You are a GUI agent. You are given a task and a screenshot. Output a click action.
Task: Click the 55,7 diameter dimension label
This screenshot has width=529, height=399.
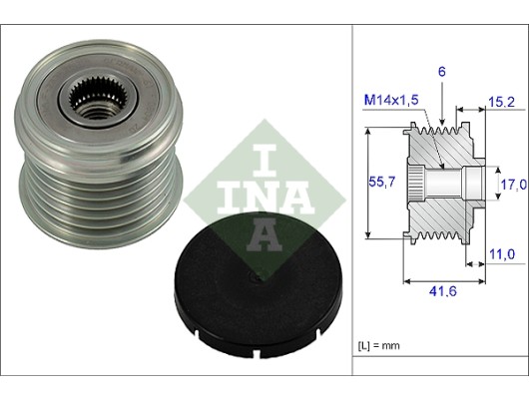click(381, 183)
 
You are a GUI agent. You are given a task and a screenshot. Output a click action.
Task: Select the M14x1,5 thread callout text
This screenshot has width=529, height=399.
click(391, 100)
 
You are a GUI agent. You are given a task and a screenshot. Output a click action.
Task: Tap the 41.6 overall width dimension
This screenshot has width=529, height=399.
click(442, 291)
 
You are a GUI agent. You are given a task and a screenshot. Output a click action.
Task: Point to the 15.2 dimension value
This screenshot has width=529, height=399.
click(502, 102)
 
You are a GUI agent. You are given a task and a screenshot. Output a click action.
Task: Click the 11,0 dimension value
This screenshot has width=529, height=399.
click(502, 254)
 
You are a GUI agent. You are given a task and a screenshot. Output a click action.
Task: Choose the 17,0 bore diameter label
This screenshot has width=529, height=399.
click(513, 185)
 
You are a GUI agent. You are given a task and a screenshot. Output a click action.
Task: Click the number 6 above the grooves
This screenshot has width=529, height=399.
click(441, 72)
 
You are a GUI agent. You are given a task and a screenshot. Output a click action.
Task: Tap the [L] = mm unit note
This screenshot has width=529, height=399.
click(378, 345)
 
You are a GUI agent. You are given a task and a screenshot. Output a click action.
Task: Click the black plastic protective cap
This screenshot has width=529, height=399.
click(259, 286)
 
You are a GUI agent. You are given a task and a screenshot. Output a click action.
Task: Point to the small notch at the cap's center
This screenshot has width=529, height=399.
click(255, 277)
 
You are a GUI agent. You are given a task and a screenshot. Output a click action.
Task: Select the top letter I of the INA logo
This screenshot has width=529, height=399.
click(264, 161)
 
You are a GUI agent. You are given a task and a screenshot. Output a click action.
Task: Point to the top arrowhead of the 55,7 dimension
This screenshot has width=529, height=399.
click(369, 133)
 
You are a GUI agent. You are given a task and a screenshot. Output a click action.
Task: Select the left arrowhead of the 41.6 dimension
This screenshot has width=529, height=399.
click(408, 281)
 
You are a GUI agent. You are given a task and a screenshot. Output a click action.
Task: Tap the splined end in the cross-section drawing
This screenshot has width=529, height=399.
click(416, 184)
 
